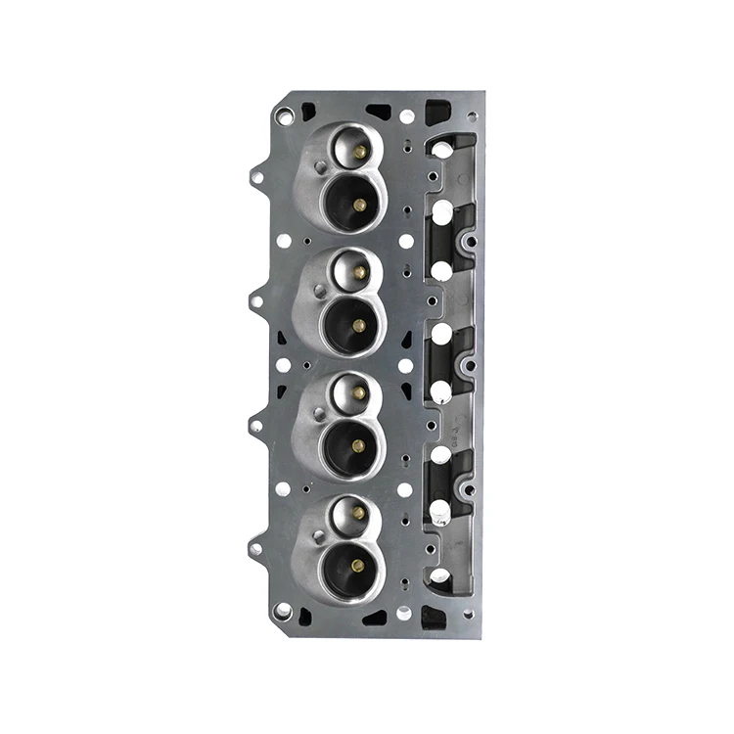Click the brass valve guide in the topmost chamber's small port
(359, 151)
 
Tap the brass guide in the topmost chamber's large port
(359, 204)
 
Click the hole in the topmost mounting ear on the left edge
(257, 176)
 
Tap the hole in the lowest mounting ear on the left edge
(256, 549)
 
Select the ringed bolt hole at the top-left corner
(284, 116)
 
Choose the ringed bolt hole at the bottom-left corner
(284, 610)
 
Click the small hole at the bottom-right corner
(471, 615)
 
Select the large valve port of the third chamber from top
(355, 445)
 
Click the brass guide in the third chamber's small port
(358, 392)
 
